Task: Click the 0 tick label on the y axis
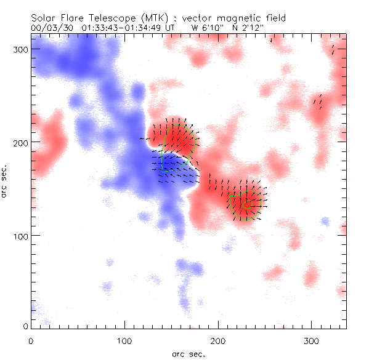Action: (25, 326)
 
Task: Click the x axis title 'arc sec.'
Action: (188, 354)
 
